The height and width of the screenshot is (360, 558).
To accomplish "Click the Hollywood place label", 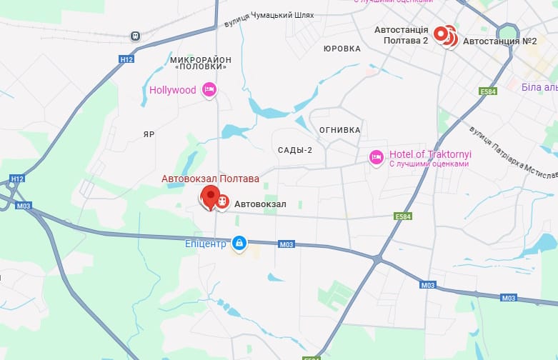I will tap(172, 90).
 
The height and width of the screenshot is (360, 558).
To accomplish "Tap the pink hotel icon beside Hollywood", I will tap(209, 89).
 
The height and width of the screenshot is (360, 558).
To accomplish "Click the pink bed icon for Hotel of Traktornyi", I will tap(376, 156).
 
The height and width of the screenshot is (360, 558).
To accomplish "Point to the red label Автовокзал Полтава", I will tap(210, 178).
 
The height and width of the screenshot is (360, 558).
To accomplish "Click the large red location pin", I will tap(210, 196).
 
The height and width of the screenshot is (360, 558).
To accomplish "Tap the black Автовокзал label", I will tap(260, 204).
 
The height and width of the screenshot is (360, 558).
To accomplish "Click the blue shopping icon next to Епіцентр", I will tap(239, 244).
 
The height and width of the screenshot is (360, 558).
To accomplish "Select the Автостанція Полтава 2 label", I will tap(401, 35).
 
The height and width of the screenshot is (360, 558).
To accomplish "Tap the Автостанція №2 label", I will tap(499, 41).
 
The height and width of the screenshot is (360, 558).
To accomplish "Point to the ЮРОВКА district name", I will tap(342, 49).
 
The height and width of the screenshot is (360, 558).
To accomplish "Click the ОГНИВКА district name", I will tap(339, 130).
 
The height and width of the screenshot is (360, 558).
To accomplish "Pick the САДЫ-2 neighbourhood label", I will tap(295, 150).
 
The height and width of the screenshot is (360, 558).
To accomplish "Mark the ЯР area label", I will tap(149, 134).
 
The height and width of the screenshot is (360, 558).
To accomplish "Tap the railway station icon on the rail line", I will tap(135, 36).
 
